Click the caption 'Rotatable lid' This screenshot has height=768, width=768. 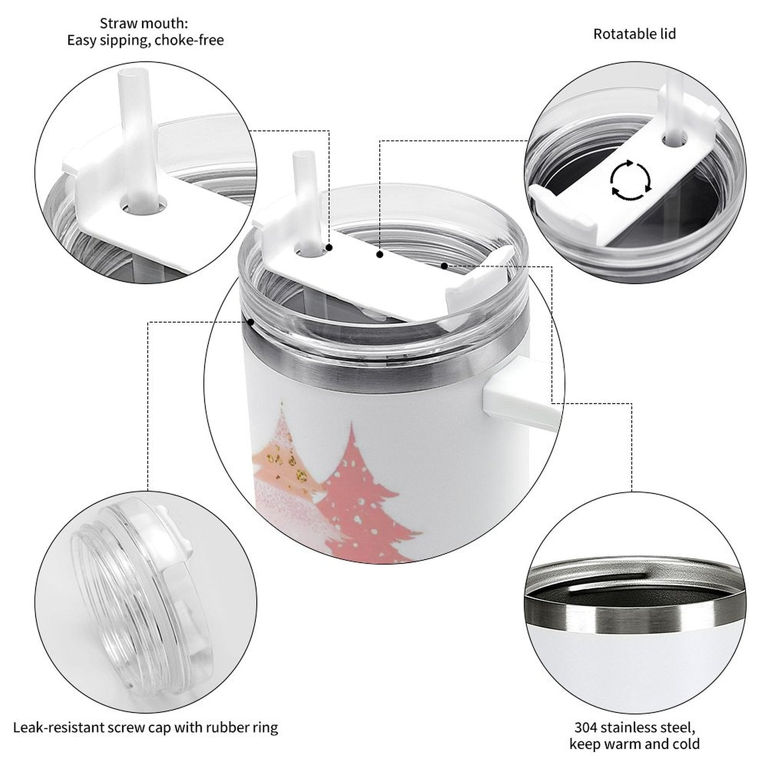[635, 34]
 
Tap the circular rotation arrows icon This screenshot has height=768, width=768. [630, 180]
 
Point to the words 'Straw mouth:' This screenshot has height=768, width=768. [144, 23]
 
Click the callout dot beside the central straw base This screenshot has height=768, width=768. [329, 248]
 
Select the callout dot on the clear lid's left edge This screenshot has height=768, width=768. [251, 322]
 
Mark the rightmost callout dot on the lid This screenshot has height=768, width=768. [444, 265]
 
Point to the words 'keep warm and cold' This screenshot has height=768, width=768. [635, 744]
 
